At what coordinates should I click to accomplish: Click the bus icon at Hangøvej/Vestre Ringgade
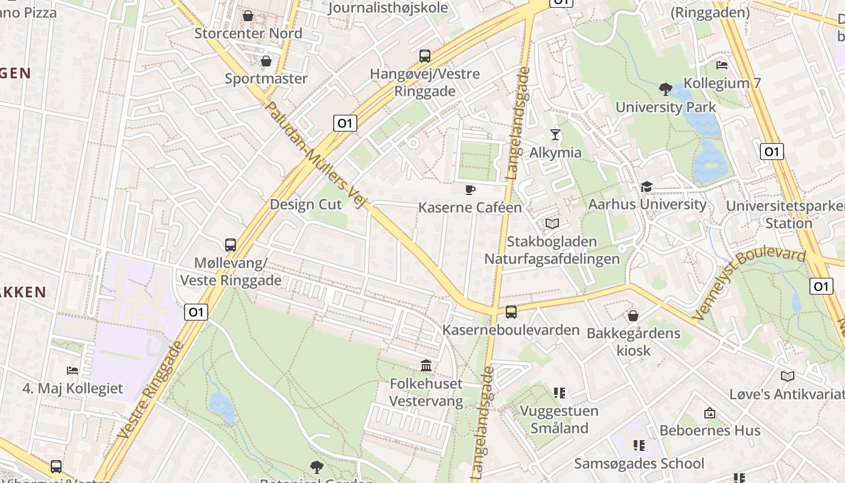(x=425, y=56)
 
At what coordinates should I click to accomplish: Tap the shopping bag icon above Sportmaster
(x=266, y=61)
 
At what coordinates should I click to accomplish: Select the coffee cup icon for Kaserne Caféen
(x=470, y=190)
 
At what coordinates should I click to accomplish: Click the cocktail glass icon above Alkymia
(x=555, y=134)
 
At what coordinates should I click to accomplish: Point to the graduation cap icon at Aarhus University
(x=646, y=187)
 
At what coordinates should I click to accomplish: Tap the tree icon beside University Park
(x=666, y=90)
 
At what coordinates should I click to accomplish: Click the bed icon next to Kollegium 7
(x=721, y=65)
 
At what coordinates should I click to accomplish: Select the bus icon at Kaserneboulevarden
(x=511, y=312)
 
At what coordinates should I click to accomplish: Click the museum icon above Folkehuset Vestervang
(x=426, y=366)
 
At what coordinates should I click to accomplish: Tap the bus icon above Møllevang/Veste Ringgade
(x=231, y=245)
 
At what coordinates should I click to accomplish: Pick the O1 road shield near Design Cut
(x=345, y=123)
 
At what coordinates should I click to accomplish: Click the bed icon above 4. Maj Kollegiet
(x=72, y=370)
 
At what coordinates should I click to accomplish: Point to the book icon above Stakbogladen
(x=552, y=224)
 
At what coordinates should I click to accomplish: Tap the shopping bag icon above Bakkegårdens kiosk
(x=633, y=316)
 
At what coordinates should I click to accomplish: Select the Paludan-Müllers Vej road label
(x=316, y=155)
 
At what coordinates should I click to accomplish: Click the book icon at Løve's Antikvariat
(x=788, y=377)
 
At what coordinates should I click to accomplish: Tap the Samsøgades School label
(x=639, y=464)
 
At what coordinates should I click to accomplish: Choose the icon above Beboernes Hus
(x=710, y=414)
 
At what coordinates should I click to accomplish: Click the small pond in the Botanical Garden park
(x=222, y=409)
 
